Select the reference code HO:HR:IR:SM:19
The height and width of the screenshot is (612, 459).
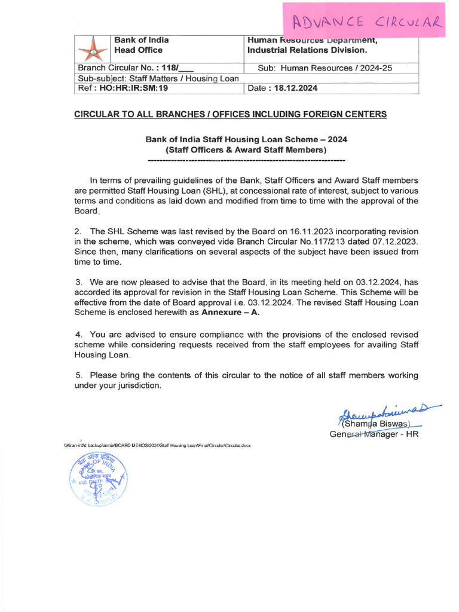135,88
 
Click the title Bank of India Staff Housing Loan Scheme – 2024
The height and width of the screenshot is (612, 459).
246,139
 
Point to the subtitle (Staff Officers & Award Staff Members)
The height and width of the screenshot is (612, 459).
246,149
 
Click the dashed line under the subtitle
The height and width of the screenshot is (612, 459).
246,161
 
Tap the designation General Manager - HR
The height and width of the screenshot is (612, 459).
374,434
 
